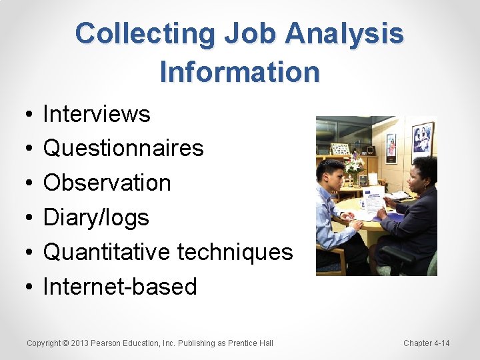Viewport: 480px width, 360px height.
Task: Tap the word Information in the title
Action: tap(240, 71)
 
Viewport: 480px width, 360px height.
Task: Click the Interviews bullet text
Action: tap(97, 114)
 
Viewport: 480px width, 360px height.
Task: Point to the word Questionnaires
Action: tap(123, 148)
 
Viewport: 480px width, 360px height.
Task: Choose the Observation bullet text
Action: tap(107, 183)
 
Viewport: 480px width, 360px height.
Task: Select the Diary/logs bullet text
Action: tap(96, 217)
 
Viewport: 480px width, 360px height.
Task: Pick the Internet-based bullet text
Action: tap(120, 287)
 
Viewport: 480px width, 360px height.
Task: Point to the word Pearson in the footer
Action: tap(107, 343)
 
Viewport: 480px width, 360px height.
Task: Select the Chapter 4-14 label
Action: tap(427, 343)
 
